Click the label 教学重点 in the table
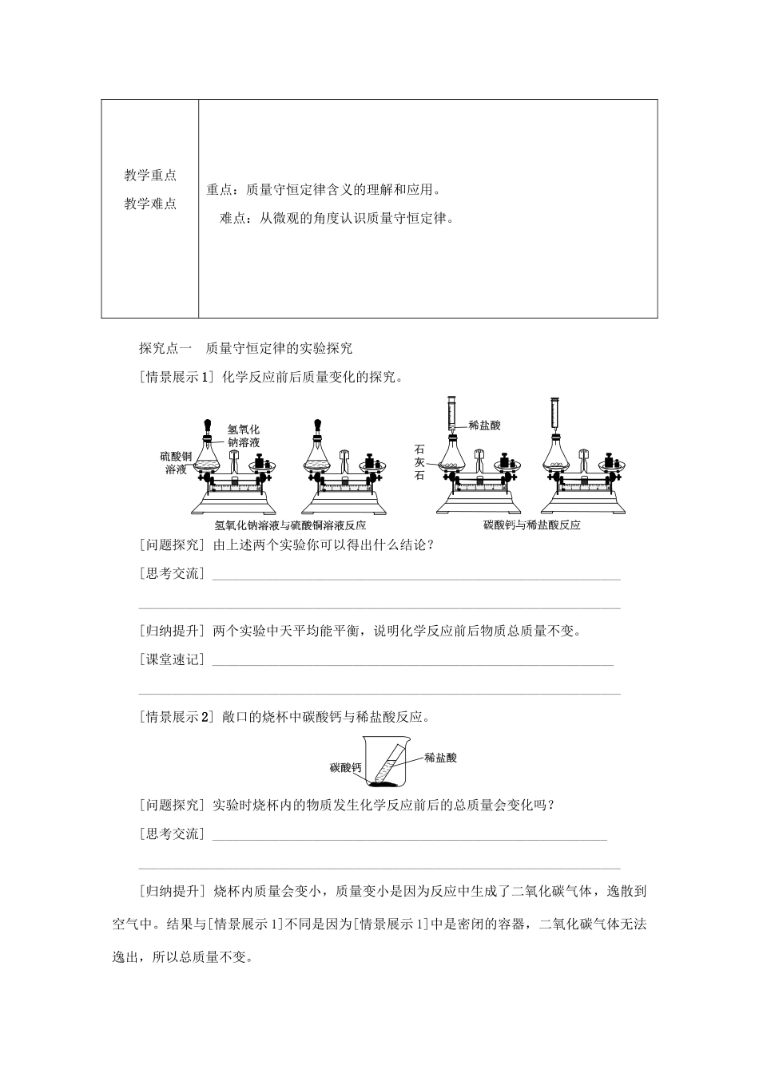[150, 176]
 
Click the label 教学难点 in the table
[150, 204]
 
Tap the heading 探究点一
[166, 348]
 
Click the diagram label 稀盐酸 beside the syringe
[485, 426]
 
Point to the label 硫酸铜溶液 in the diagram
[176, 463]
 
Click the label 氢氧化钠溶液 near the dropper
[244, 436]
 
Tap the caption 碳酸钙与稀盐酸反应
[532, 525]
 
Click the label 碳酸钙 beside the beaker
[346, 768]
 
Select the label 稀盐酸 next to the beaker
[441, 758]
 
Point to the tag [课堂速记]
[172, 659]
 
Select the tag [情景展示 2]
[177, 717]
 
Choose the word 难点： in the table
[236, 218]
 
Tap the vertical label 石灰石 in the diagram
[419, 462]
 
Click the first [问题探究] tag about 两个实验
[172, 544]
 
